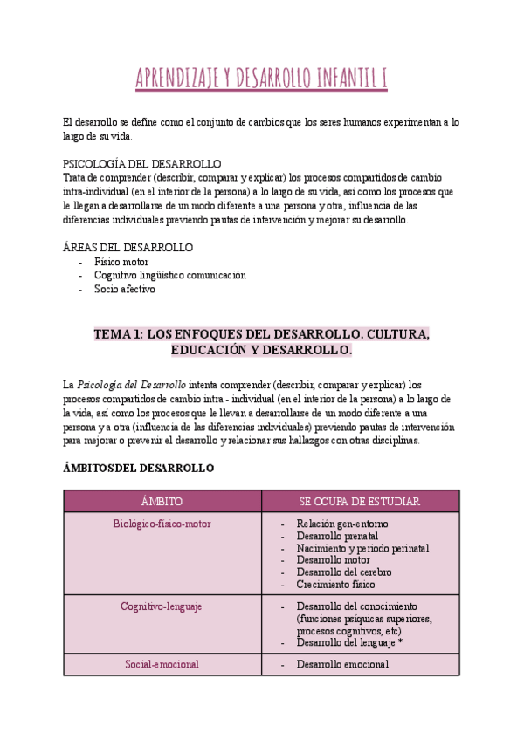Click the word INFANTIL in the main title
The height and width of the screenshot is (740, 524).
click(x=340, y=79)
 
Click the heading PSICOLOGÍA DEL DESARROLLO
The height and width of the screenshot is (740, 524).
click(x=142, y=164)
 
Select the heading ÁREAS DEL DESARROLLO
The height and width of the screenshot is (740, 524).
click(x=128, y=248)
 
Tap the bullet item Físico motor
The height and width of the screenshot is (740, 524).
click(x=121, y=262)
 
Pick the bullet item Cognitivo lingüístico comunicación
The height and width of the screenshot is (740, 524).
click(x=170, y=275)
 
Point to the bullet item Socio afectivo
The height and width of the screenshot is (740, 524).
click(x=125, y=289)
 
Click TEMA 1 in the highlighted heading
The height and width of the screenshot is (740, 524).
click(x=118, y=334)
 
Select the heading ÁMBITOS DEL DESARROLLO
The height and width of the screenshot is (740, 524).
click(x=139, y=469)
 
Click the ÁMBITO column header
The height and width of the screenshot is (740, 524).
click(x=162, y=501)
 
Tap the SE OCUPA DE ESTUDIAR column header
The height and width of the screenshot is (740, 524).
click(x=360, y=501)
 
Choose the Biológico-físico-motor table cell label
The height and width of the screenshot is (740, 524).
click(x=162, y=524)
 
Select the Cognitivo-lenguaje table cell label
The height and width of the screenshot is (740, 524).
click(x=162, y=606)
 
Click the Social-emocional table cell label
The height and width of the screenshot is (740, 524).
click(x=162, y=664)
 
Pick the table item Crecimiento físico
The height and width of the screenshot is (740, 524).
click(x=335, y=585)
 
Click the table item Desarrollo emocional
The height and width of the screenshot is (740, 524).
click(x=342, y=664)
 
